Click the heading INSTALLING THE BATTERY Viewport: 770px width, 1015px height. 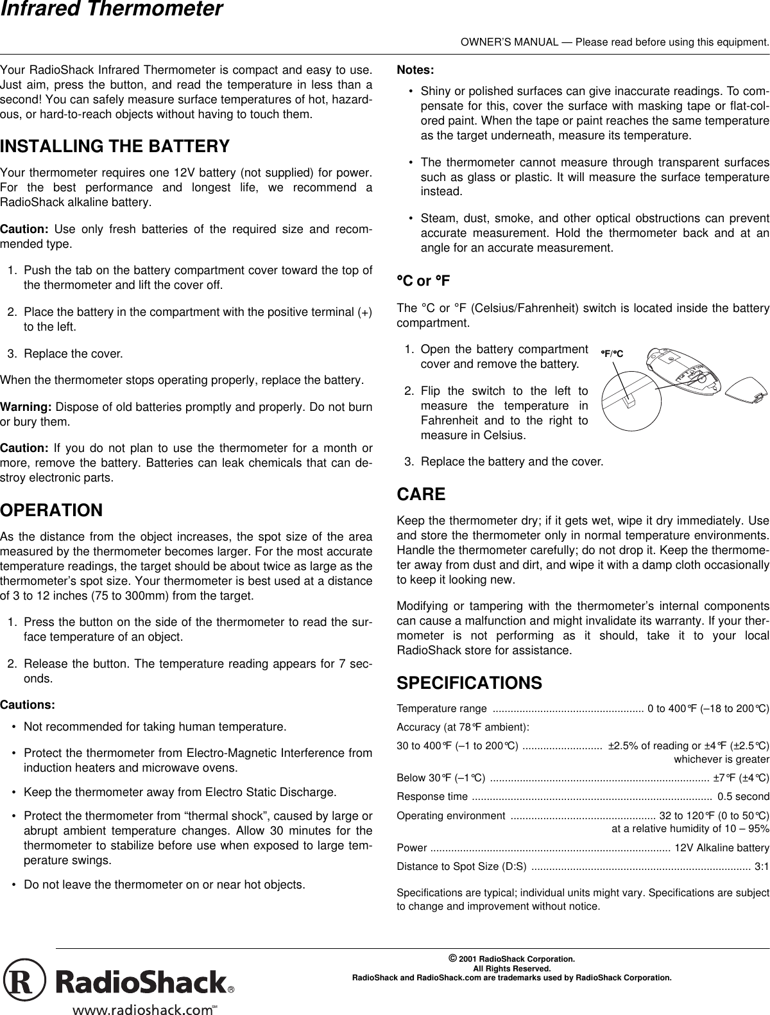click(x=115, y=146)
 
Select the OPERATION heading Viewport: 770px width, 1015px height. click(x=51, y=510)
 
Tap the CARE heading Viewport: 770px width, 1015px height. click(x=421, y=494)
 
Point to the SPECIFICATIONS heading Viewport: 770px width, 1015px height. click(x=469, y=682)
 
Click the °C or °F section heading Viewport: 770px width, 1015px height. click(x=424, y=281)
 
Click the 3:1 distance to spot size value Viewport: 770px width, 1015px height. click(x=762, y=867)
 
